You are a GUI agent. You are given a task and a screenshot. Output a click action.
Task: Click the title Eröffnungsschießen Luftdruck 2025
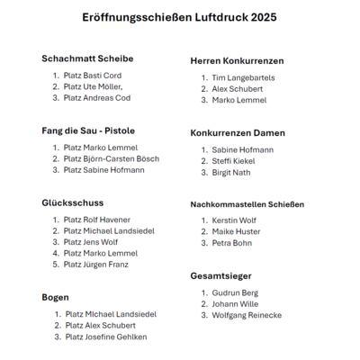[x=180, y=17]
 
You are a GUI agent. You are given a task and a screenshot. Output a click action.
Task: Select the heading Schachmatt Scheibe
[x=86, y=58]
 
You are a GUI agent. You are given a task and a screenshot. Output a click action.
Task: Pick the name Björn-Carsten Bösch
[x=128, y=158]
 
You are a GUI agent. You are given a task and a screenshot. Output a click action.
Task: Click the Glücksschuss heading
[x=73, y=202]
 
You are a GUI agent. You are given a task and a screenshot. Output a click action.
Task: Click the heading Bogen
[x=56, y=297]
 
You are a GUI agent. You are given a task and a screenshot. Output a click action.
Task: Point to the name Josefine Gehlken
[x=117, y=337]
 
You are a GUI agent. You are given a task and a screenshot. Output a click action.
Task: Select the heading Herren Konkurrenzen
[x=237, y=61]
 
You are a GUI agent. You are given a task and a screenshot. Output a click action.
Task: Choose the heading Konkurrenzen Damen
[x=238, y=132]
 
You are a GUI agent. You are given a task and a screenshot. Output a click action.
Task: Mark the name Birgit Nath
[x=231, y=172]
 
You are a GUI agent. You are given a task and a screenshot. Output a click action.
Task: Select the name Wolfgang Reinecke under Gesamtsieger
[x=247, y=315]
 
